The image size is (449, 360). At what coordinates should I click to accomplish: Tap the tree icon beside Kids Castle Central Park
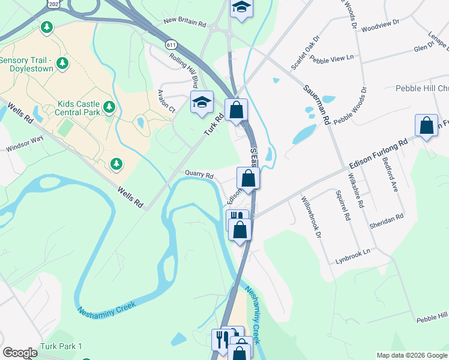(x=109, y=107)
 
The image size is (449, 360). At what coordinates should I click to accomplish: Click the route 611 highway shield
(x=172, y=45)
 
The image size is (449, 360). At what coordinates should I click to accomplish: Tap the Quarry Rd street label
(x=199, y=175)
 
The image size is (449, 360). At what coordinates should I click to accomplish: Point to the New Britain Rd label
(x=184, y=24)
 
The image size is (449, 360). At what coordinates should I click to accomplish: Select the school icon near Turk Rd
(x=202, y=102)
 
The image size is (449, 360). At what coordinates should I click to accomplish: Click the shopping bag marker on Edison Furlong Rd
(x=427, y=127)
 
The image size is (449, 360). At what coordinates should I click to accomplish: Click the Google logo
(x=20, y=353)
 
